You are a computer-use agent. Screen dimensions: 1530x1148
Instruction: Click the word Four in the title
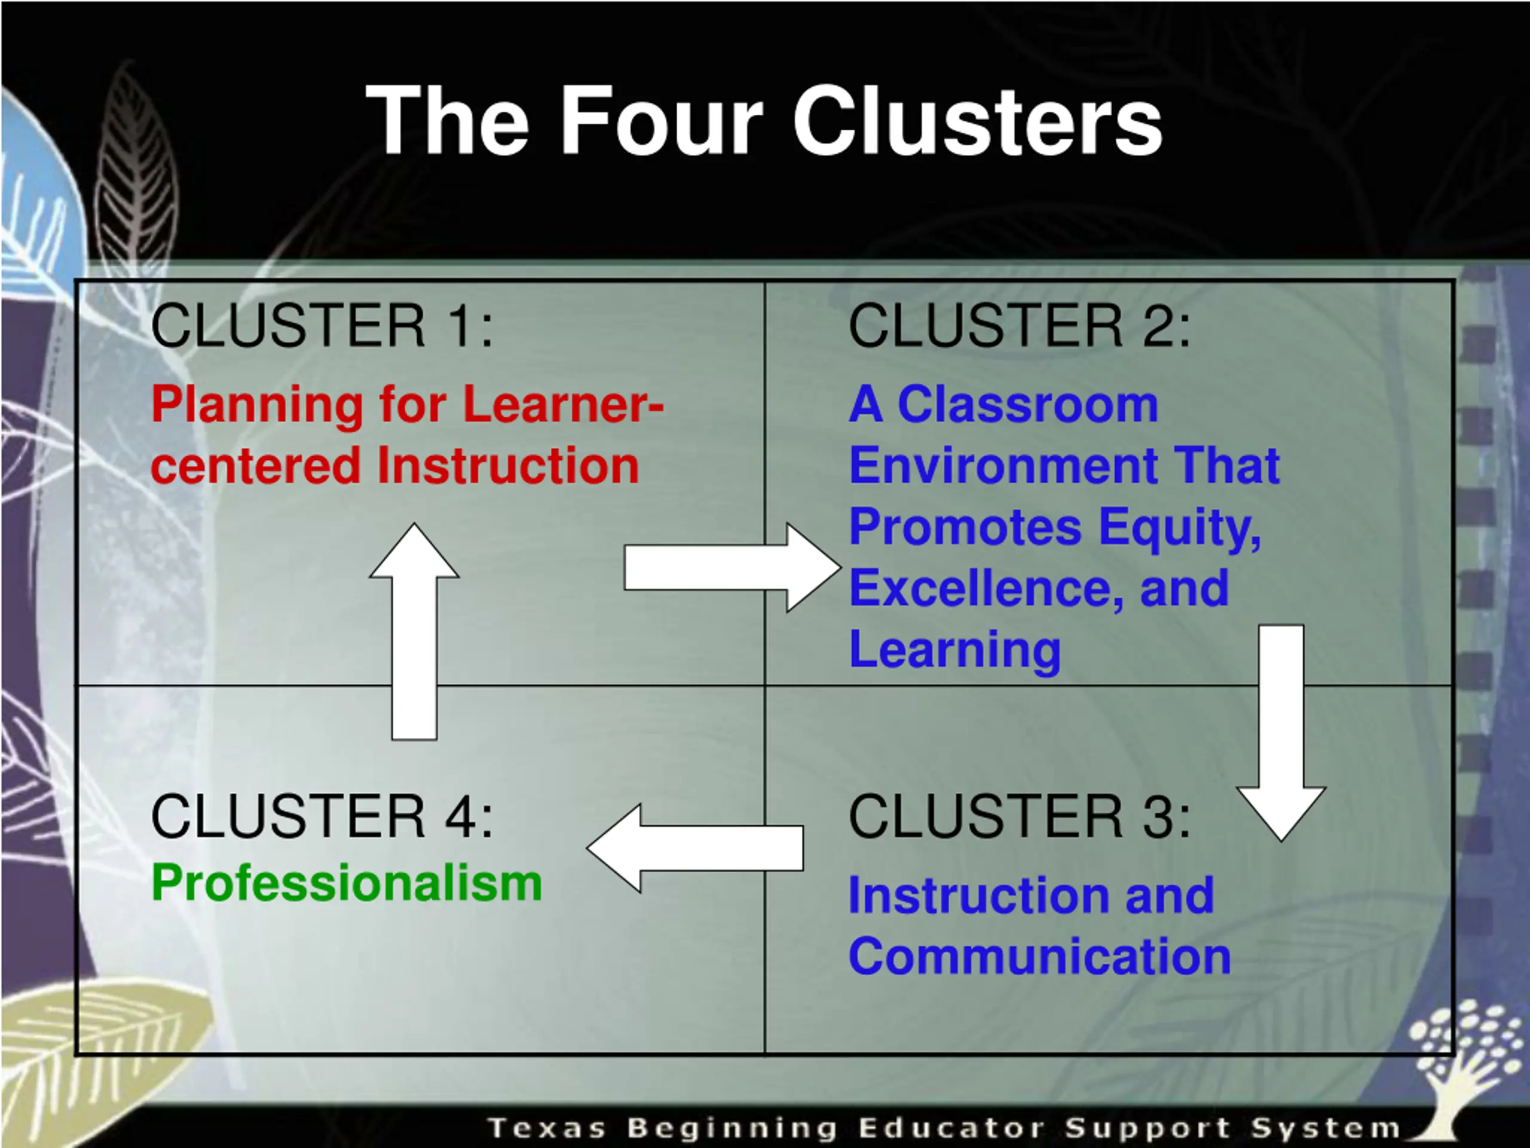click(x=661, y=121)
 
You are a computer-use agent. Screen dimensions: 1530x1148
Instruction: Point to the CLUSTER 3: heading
click(x=1020, y=817)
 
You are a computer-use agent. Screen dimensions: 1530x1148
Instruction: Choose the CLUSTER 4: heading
click(x=322, y=817)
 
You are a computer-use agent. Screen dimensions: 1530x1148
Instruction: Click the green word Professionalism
click(x=347, y=884)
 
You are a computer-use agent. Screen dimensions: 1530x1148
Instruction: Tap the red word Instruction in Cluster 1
click(x=509, y=465)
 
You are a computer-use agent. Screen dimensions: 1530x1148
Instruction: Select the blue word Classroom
click(x=1027, y=404)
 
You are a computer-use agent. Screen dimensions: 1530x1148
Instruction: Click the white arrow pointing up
click(x=414, y=630)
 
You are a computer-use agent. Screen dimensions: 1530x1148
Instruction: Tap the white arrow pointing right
click(x=730, y=567)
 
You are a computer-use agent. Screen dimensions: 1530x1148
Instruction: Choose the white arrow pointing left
click(x=695, y=848)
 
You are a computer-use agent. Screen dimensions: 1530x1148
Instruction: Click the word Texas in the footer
click(x=547, y=1127)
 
